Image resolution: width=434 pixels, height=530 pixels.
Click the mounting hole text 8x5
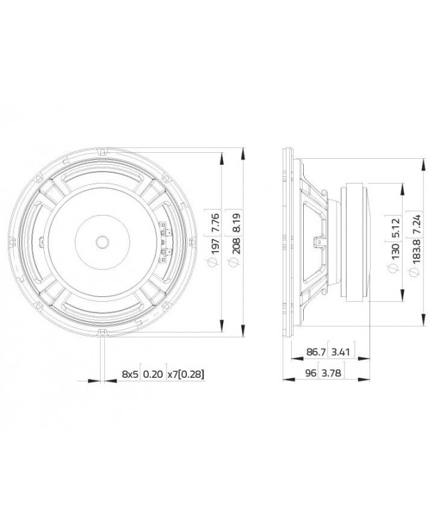pos(130,374)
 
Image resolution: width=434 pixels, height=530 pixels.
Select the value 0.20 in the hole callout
pos(153,374)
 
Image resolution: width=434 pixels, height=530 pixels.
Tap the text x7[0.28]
pos(185,374)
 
